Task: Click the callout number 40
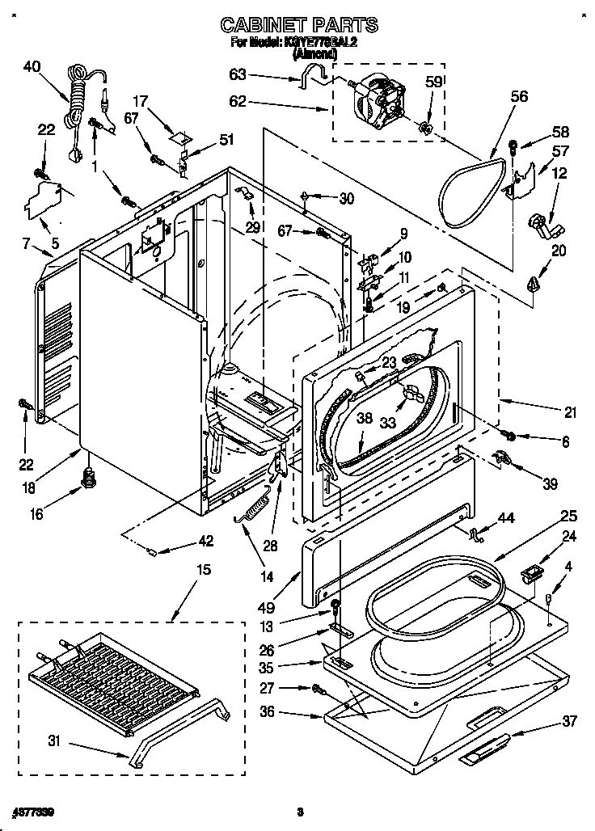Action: (32, 67)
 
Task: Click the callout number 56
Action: (518, 96)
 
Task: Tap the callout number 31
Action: (55, 738)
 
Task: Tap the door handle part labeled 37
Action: (485, 749)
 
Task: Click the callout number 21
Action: (571, 413)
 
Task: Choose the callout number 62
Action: (238, 103)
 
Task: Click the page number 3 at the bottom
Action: (299, 812)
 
